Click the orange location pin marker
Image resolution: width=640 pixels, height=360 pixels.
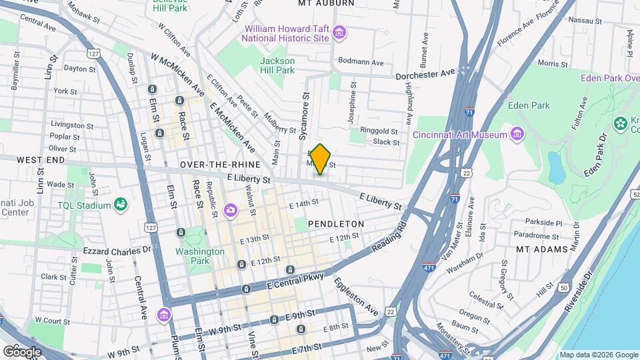pos(321,159)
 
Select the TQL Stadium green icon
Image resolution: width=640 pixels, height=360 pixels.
pos(120,204)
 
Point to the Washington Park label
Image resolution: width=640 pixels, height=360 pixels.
pos(200,256)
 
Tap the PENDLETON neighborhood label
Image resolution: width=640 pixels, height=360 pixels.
pos(335,224)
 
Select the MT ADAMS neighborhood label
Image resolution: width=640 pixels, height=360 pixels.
pos(541,249)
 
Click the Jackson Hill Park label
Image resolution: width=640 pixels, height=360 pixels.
pos(277,65)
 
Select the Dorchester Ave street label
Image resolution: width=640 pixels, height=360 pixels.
pos(425,74)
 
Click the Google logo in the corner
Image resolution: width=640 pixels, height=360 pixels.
pos(22,351)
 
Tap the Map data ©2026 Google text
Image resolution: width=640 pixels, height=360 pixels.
pos(598,355)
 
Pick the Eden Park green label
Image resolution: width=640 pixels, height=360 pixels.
pos(528,105)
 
